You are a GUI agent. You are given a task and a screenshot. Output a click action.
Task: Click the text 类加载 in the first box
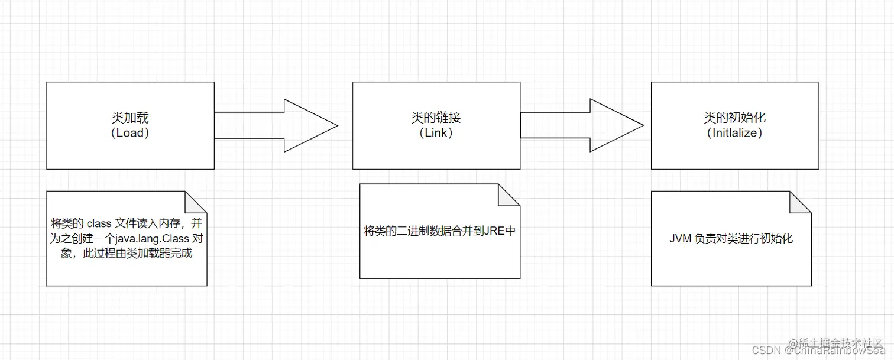tap(130, 118)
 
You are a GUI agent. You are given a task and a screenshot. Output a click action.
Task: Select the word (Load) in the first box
tap(130, 133)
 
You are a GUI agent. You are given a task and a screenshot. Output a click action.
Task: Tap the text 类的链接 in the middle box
tap(436, 118)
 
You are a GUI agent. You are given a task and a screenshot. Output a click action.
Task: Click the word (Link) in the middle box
tap(436, 133)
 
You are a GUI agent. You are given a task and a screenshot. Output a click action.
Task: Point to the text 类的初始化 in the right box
tap(735, 118)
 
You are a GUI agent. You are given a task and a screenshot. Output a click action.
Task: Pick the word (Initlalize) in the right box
tap(735, 133)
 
